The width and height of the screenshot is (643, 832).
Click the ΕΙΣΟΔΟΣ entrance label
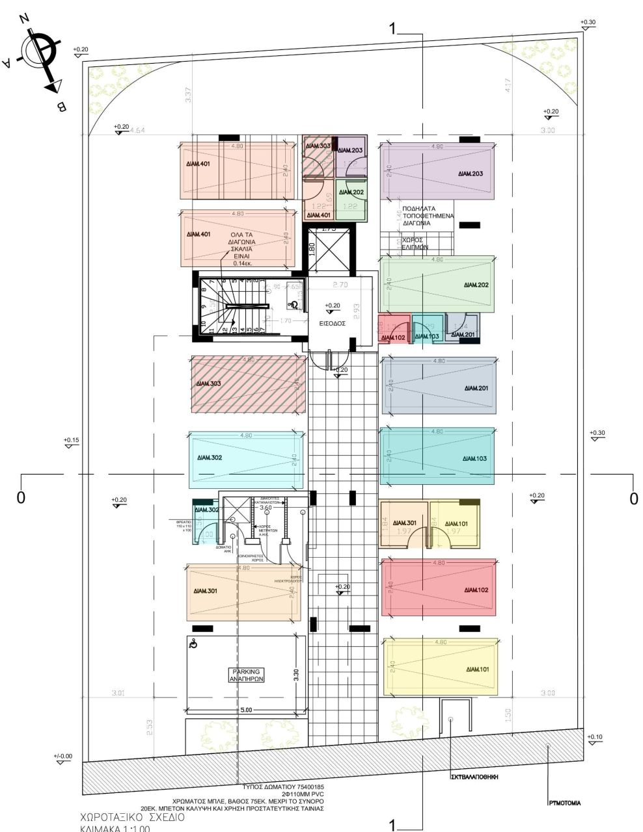(x=333, y=322)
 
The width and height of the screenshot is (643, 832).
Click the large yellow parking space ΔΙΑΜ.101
(x=443, y=668)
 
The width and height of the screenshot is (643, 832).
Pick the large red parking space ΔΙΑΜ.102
(x=438, y=589)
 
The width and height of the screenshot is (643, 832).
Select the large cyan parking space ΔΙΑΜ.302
(x=246, y=459)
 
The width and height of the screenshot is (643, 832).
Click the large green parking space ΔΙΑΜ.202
(x=437, y=285)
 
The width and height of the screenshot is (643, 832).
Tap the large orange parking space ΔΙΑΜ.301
(x=241, y=591)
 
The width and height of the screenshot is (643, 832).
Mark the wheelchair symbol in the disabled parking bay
(x=192, y=645)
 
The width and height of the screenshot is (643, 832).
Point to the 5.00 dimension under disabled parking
(x=245, y=710)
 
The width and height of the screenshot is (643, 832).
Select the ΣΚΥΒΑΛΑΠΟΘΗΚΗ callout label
(x=474, y=777)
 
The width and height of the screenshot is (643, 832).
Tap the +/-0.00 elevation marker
(x=64, y=758)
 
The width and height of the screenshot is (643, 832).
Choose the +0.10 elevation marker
(x=595, y=738)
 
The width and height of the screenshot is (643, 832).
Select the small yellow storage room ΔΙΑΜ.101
(x=455, y=524)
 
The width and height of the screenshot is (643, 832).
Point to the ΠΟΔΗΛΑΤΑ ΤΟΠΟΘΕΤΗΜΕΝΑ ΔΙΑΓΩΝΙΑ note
(x=428, y=216)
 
